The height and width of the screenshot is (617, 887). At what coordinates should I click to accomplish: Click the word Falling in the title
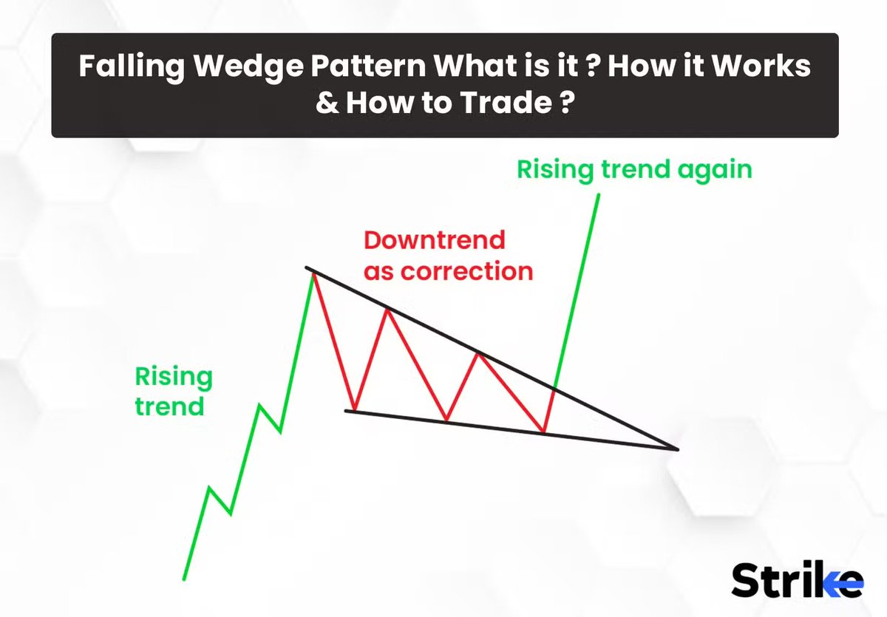[x=132, y=66]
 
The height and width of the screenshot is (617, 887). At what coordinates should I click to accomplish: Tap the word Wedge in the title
[x=248, y=66]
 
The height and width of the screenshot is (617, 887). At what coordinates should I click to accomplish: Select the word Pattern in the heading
[x=369, y=66]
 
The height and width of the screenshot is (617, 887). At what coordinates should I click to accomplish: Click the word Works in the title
[x=761, y=66]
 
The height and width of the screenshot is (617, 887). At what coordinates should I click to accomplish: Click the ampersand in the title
[x=327, y=103]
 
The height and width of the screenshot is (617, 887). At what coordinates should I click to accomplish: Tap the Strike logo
[x=797, y=579]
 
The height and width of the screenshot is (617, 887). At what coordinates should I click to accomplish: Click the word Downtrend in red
[x=435, y=240]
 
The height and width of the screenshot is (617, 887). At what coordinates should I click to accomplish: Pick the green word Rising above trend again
[x=555, y=171]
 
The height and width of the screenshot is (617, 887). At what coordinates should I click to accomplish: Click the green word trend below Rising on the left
[x=169, y=406]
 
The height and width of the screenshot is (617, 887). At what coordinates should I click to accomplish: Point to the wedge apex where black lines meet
[x=677, y=449]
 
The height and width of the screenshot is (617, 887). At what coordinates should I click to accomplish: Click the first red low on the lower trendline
[x=354, y=410]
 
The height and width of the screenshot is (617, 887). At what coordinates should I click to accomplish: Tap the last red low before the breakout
[x=544, y=432]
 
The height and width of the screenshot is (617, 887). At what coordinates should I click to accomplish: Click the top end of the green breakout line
[x=598, y=195]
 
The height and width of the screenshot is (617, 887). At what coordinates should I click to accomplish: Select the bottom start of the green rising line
[x=184, y=579]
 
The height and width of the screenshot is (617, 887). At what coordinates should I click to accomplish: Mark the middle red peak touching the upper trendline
[x=387, y=310]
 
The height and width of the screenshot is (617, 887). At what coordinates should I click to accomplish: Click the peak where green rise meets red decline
[x=313, y=274]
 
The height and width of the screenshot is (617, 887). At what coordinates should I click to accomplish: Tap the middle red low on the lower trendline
[x=446, y=420]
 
